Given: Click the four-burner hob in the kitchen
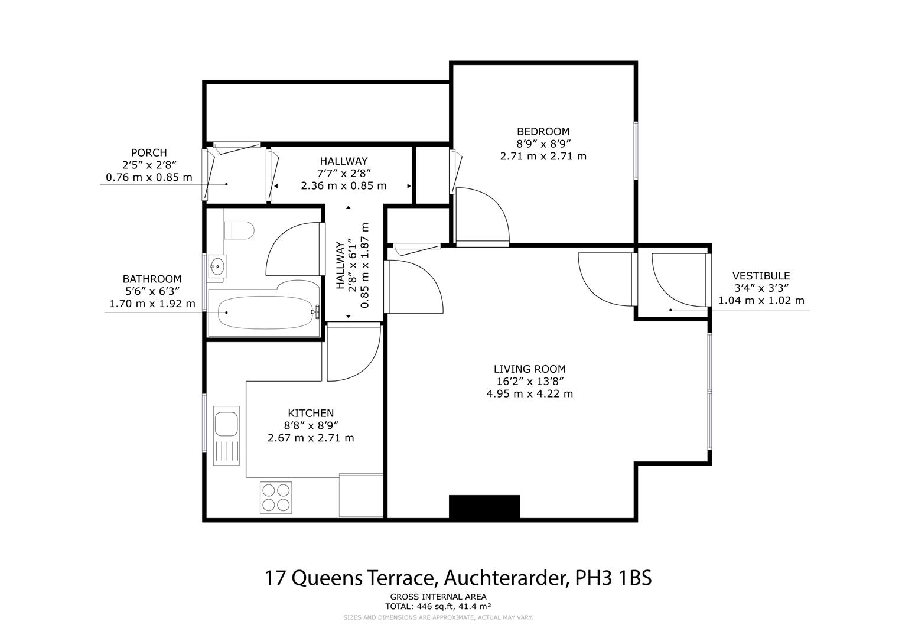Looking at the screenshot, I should [276, 497].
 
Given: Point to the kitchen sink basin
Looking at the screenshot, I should [226, 424].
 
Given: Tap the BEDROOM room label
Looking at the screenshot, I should [543, 131].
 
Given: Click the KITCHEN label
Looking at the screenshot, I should [311, 413].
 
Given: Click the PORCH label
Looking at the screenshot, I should [149, 152].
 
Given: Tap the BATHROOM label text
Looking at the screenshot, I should [152, 279].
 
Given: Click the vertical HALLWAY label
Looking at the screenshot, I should [340, 265].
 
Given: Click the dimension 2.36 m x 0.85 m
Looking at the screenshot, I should [343, 185].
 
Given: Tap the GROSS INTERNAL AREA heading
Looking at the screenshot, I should [438, 597].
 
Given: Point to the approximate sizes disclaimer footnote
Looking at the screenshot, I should [438, 617].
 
